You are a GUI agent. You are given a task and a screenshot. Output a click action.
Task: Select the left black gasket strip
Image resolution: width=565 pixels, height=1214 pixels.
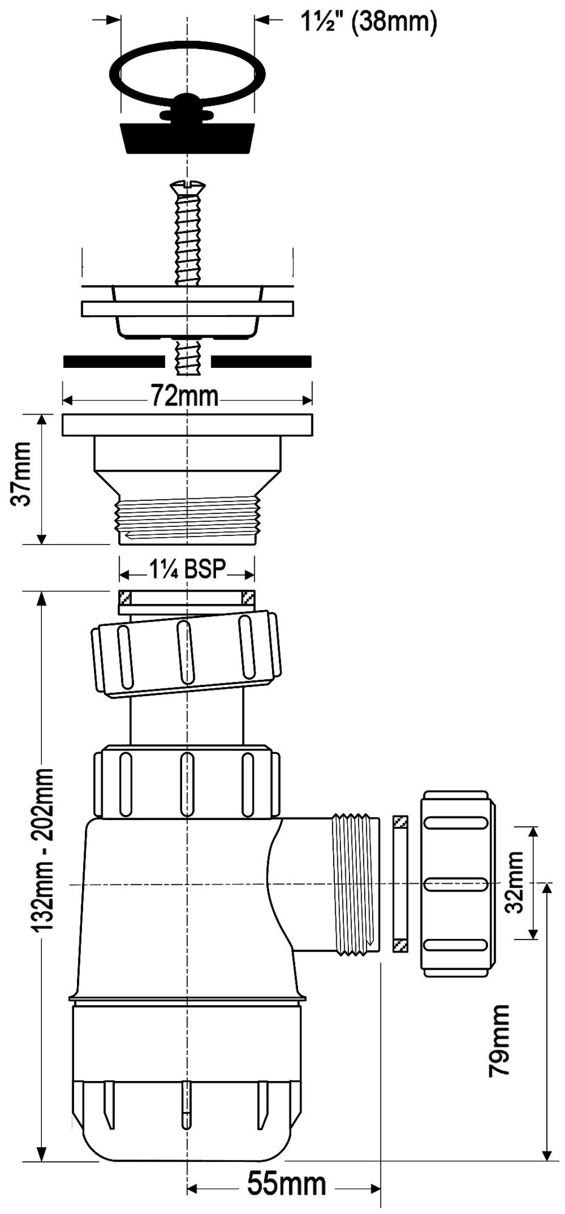tap(113, 362)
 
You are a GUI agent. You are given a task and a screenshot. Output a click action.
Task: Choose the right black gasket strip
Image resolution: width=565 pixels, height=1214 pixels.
tap(262, 362)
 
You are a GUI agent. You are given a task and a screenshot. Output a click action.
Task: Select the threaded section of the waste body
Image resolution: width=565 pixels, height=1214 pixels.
tap(188, 517)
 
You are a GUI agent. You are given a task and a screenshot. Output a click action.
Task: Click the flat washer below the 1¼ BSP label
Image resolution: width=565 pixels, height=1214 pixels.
tap(187, 599)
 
